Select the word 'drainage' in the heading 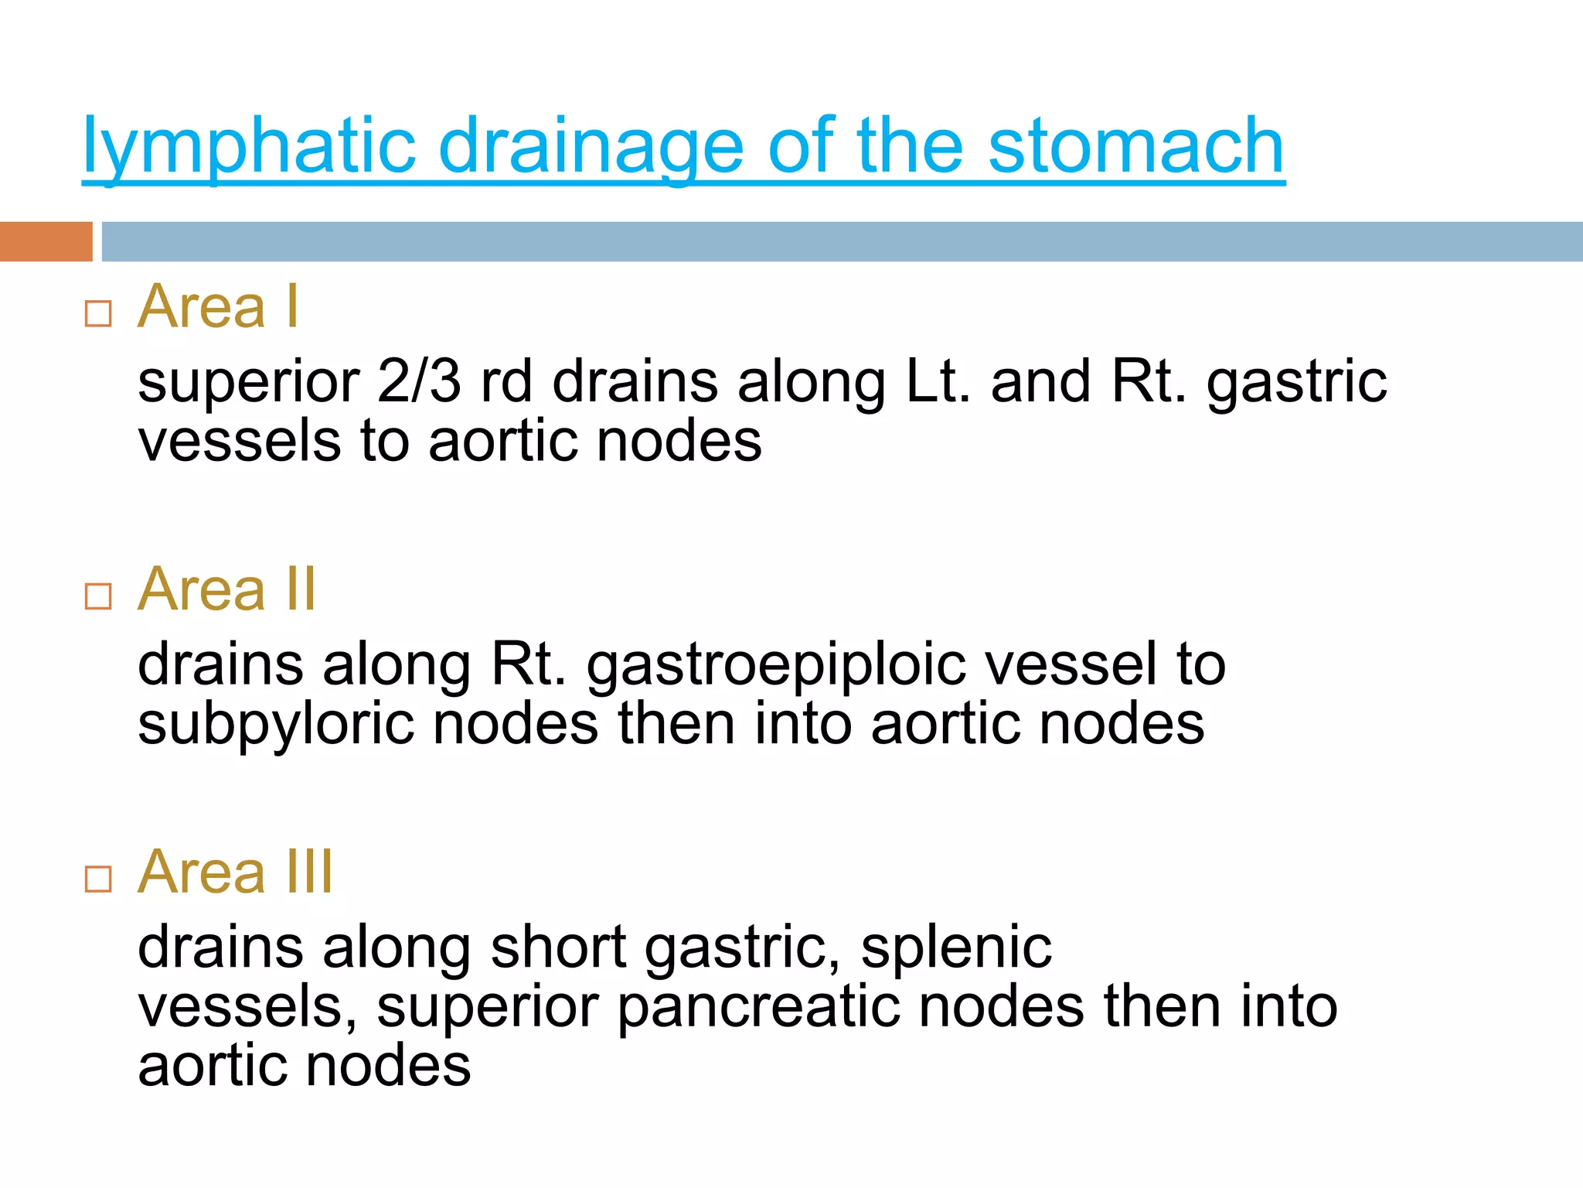[x=591, y=147]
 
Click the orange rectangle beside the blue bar [x=46, y=241]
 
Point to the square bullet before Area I [x=98, y=313]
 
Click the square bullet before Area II [x=98, y=596]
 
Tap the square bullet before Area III [x=98, y=879]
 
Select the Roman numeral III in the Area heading [x=310, y=872]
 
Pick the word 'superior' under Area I [x=248, y=382]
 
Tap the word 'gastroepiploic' [x=776, y=665]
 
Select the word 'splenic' [x=956, y=947]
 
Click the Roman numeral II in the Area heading [x=301, y=589]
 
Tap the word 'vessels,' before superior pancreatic [x=247, y=1007]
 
